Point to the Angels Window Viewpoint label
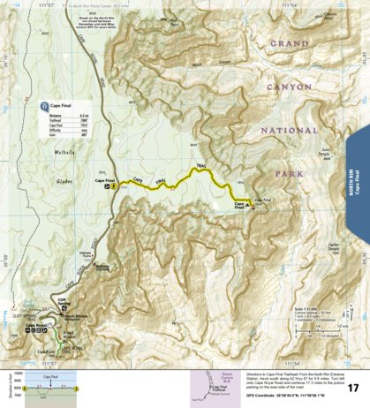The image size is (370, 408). [65, 318]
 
